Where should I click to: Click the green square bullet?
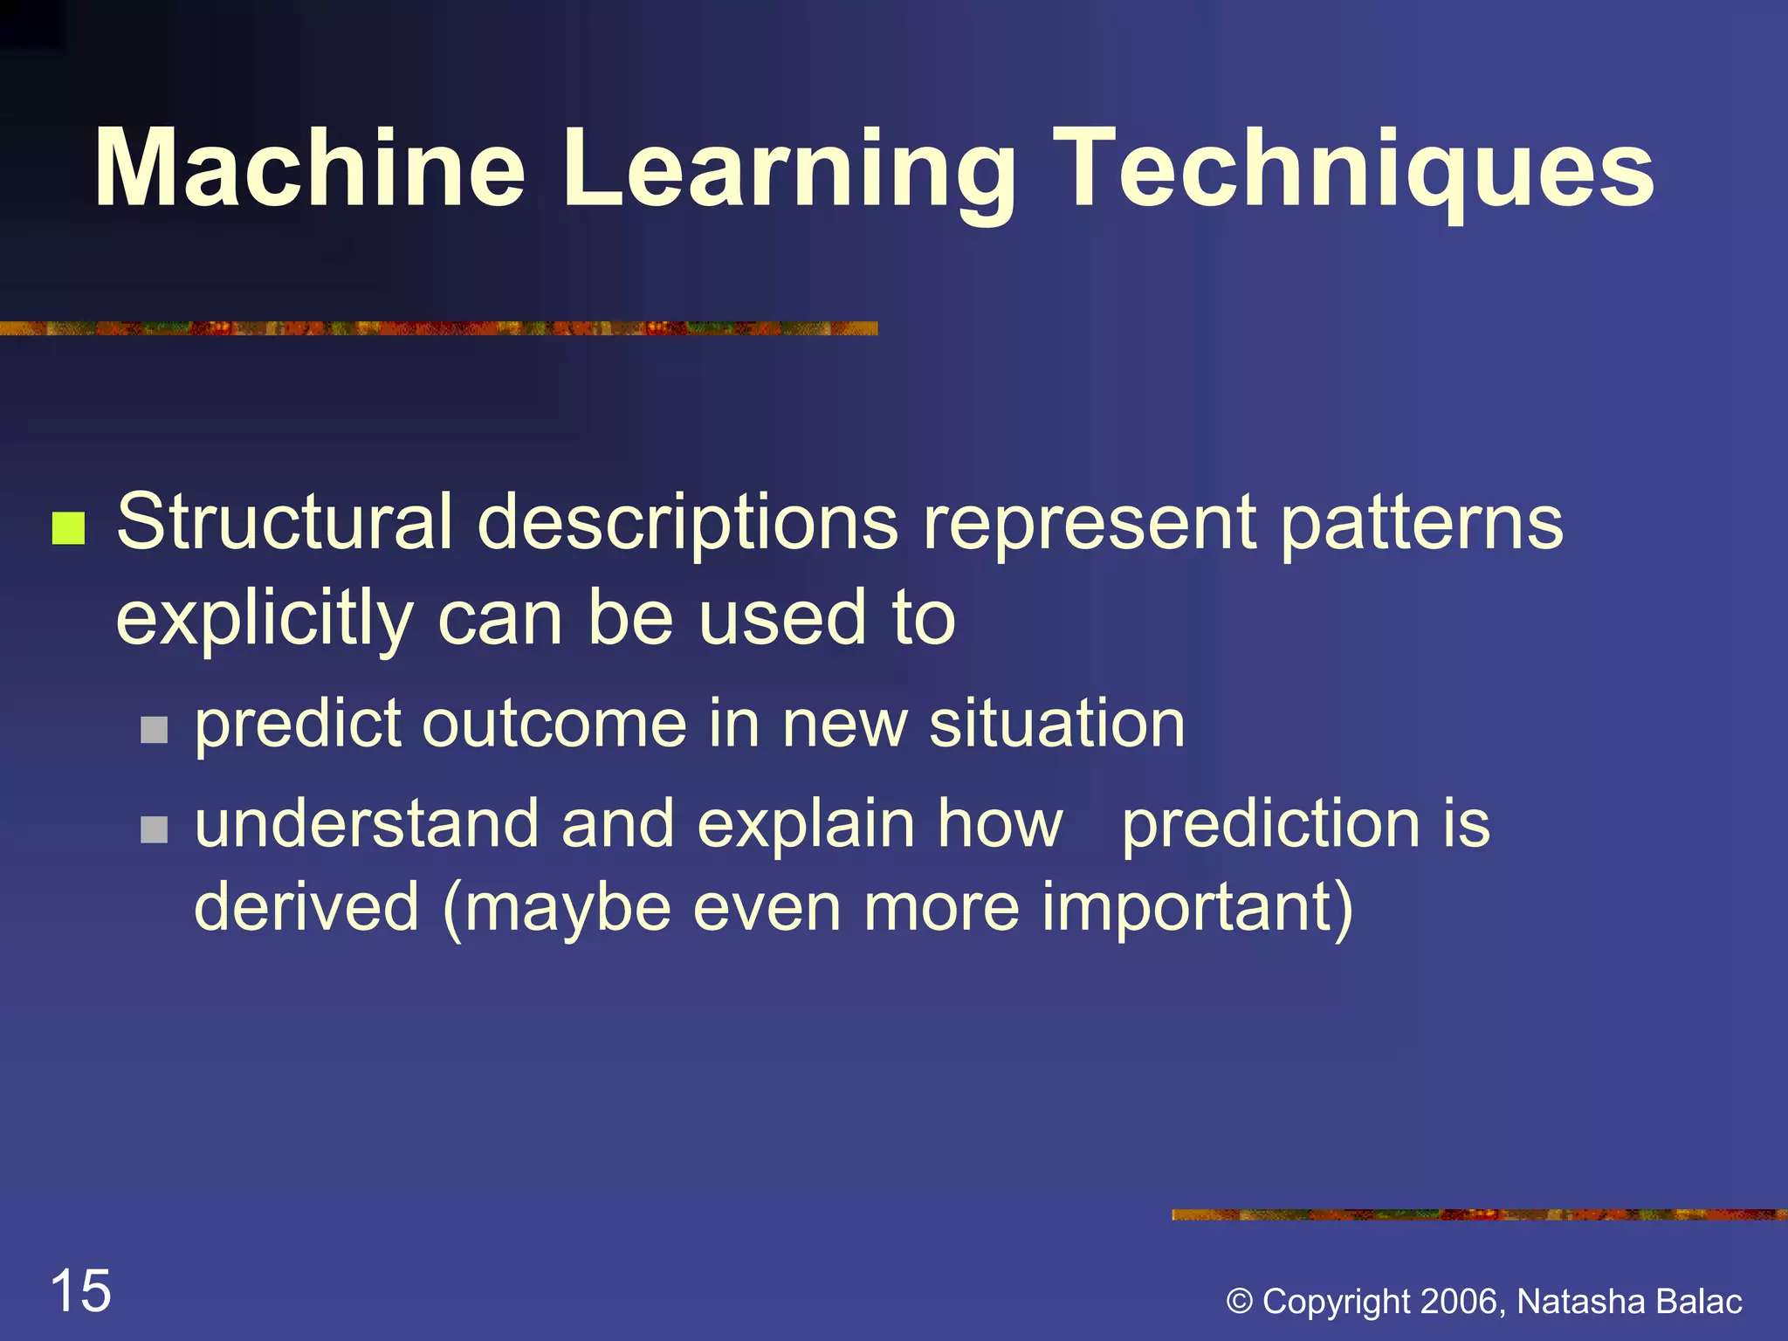click(x=68, y=528)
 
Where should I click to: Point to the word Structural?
click(x=285, y=522)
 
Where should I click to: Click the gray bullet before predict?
click(x=154, y=729)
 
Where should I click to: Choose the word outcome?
click(x=555, y=724)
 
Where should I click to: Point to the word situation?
click(x=1056, y=724)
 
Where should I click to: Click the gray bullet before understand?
click(x=154, y=829)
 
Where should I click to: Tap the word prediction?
click(x=1271, y=824)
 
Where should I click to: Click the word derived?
click(x=306, y=908)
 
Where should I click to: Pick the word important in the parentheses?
click(x=1192, y=908)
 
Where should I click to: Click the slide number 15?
click(x=81, y=1291)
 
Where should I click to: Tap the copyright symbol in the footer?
click(x=1239, y=1302)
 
